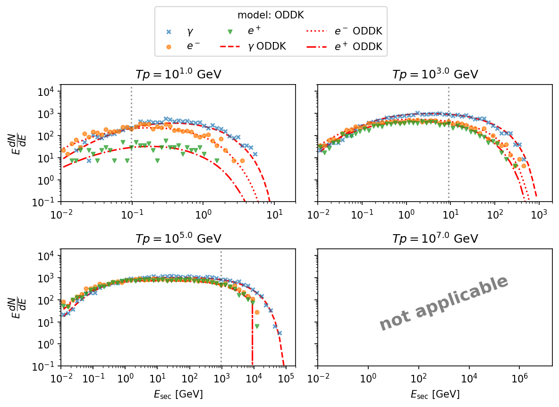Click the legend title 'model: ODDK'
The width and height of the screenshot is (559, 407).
pos(271,15)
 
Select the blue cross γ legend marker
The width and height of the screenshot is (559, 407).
pos(169,32)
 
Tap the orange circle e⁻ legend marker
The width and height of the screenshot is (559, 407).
pos(169,47)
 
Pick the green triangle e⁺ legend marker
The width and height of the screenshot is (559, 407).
pos(230,32)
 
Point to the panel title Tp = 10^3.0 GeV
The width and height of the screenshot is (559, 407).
pos(435,75)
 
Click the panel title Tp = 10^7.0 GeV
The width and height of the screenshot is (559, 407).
pos(435,239)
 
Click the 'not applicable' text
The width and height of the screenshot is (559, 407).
pos(444,303)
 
